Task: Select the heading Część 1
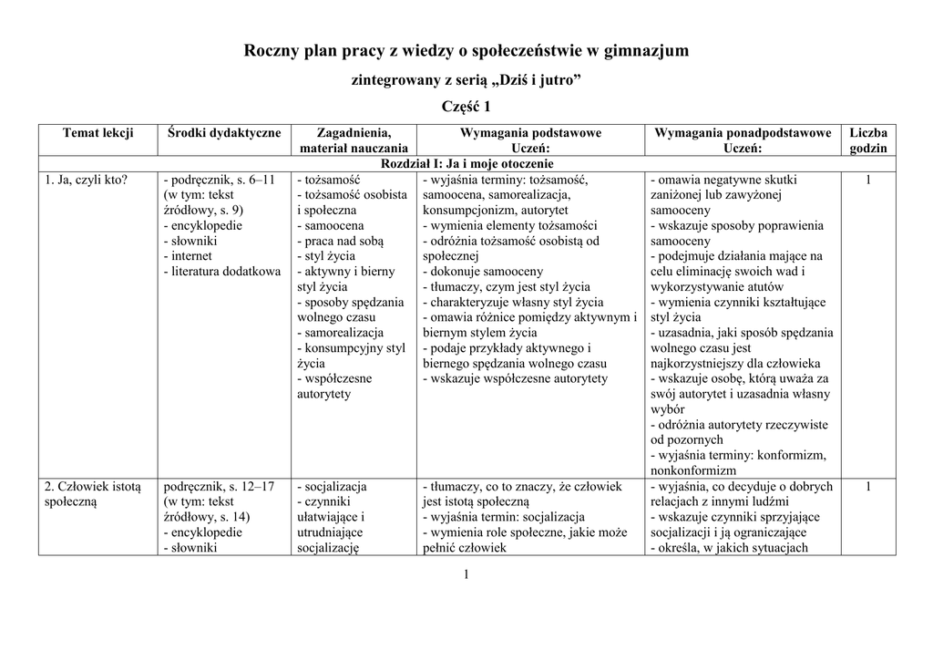[x=466, y=108]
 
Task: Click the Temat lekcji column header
[x=97, y=133]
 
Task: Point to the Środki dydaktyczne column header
[x=225, y=133]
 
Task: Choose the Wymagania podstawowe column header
[x=530, y=133]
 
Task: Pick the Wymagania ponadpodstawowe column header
[x=743, y=133]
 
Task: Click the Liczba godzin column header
[x=867, y=140]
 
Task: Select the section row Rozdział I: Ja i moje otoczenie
[x=466, y=163]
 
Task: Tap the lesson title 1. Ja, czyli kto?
[x=87, y=180]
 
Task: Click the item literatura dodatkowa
[x=222, y=271]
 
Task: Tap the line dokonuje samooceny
[x=483, y=271]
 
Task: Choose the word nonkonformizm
[x=693, y=470]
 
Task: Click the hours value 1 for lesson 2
[x=867, y=486]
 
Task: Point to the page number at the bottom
[x=466, y=573]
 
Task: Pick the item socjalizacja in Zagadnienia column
[x=332, y=486]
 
